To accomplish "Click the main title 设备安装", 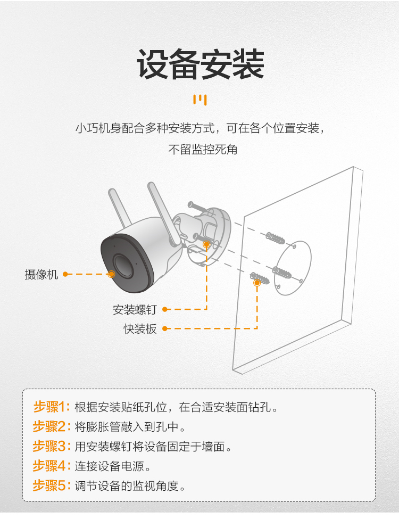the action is [201, 64].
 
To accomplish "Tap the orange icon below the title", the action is [200, 100].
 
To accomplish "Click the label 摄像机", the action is [41, 274].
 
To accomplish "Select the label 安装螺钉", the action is [134, 309].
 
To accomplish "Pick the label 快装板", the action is [140, 328].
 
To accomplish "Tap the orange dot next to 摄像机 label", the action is [65, 274].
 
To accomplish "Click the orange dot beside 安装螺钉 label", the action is [165, 309].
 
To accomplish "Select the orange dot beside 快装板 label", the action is [165, 328].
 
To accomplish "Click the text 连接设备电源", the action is [110, 466].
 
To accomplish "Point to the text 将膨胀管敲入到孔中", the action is [127, 427].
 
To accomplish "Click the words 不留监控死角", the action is [203, 150].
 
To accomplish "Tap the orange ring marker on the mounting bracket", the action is [206, 245].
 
